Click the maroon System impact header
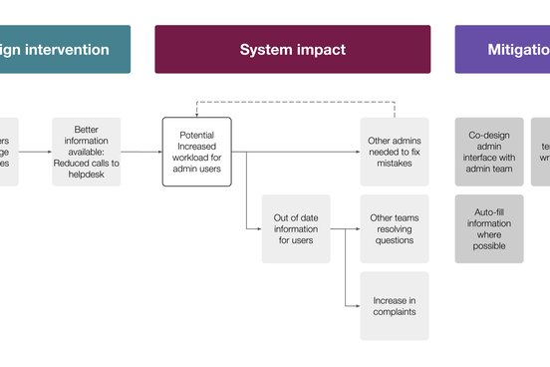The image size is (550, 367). pos(292,49)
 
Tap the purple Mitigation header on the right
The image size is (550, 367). pos(502,49)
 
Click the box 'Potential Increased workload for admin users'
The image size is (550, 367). pos(196,152)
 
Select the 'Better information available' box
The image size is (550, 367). pos(87,152)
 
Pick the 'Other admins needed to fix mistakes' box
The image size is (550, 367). pos(395,152)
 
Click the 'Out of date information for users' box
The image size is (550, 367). pos(296,229)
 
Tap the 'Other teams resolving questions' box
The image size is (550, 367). pos(395,229)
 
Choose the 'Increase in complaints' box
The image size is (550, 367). pos(395,306)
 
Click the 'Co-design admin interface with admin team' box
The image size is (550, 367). pos(489,152)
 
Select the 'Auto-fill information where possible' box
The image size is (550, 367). pos(489,229)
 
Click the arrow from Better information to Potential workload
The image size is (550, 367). pos(141,153)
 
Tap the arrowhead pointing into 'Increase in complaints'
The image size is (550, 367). pos(357,306)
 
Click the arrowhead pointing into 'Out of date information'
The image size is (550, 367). pos(258,229)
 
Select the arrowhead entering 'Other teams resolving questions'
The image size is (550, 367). pos(357,229)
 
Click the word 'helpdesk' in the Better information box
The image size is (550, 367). pos(87,175)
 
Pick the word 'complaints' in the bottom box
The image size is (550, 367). pos(395,312)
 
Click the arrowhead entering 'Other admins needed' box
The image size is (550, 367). pos(357,153)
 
